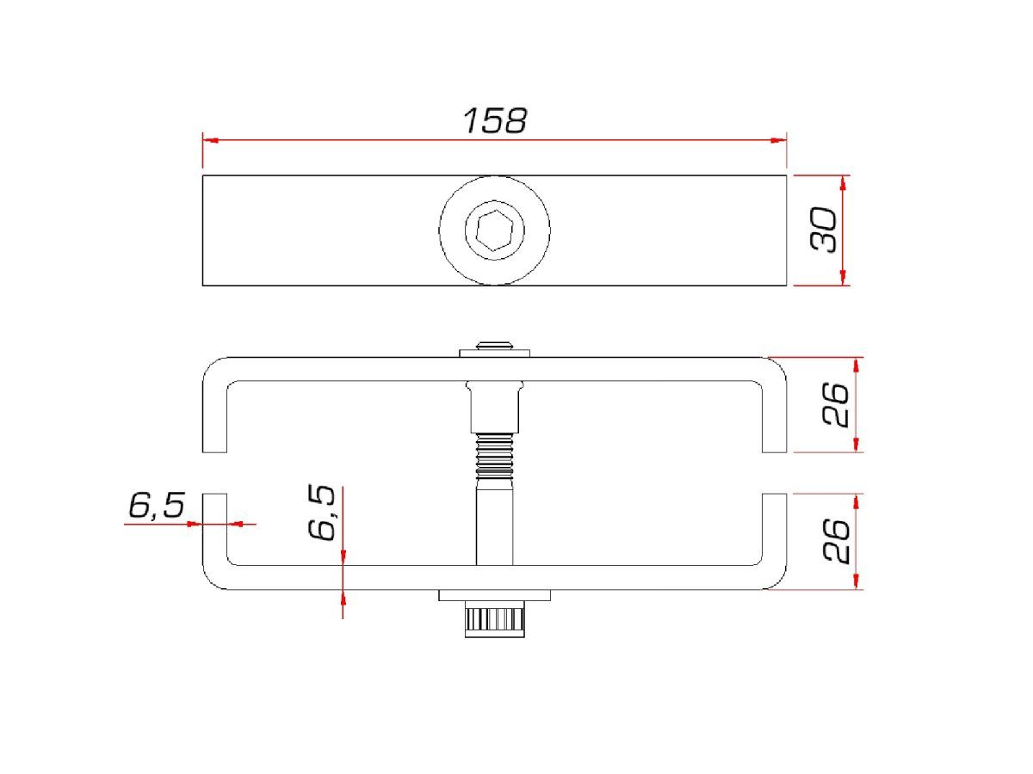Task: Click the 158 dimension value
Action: point(495,120)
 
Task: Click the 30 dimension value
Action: point(824,230)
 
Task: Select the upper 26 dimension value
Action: point(836,404)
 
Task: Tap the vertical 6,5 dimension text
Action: point(322,513)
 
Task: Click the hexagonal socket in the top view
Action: point(494,230)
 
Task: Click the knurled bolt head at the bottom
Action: point(495,622)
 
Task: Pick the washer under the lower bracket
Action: point(495,595)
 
